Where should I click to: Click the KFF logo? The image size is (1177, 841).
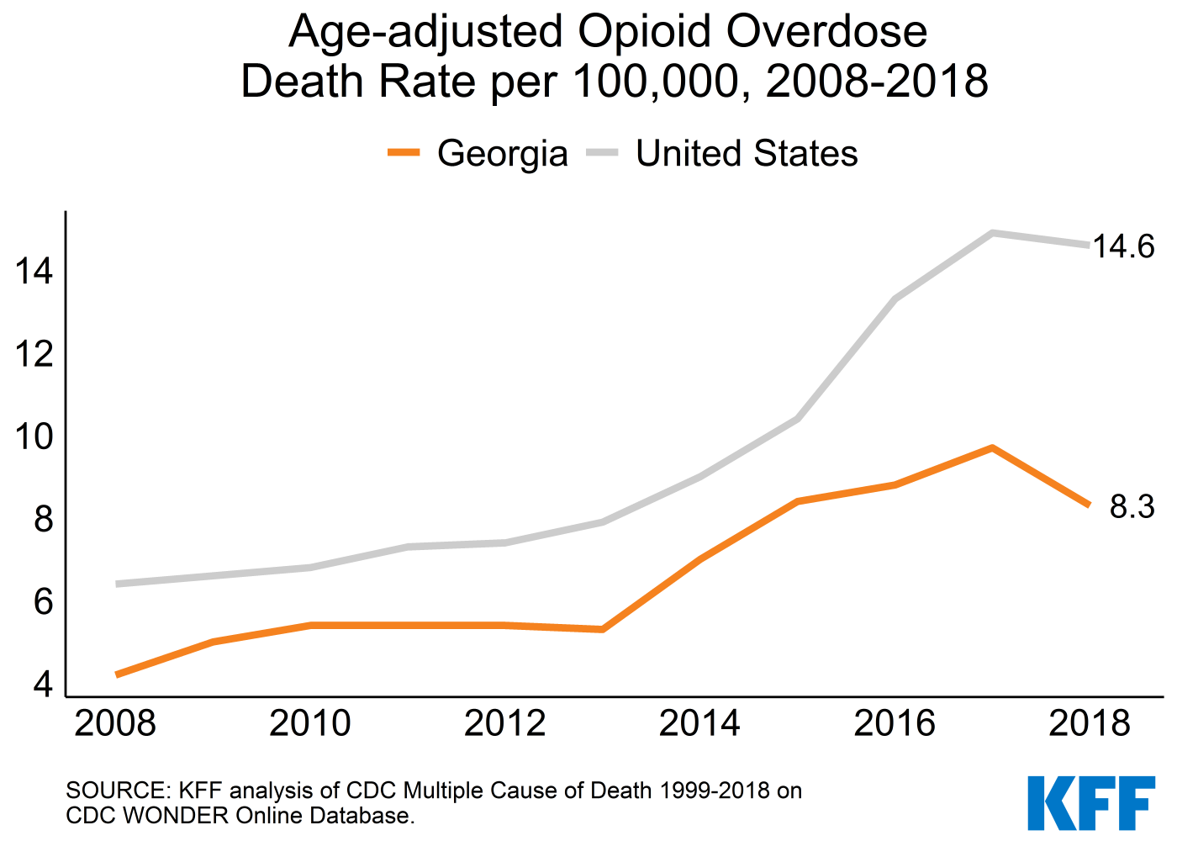point(1090,802)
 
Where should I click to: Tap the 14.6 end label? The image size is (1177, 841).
point(1123,246)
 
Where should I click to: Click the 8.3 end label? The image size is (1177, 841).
point(1132,507)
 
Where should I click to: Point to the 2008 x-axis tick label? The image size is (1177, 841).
point(115,723)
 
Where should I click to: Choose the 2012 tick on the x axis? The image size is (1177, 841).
point(504,723)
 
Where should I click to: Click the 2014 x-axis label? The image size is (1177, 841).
point(699,723)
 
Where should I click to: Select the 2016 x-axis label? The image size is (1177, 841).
point(895,723)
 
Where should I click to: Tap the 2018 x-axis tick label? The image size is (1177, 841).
point(1090,723)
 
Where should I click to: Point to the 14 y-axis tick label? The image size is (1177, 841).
point(34,272)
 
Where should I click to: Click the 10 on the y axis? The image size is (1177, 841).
point(34,437)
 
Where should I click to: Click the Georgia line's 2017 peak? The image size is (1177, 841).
point(992,447)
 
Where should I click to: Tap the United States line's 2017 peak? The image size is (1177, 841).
point(992,233)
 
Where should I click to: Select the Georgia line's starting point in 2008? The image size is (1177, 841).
point(117,674)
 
